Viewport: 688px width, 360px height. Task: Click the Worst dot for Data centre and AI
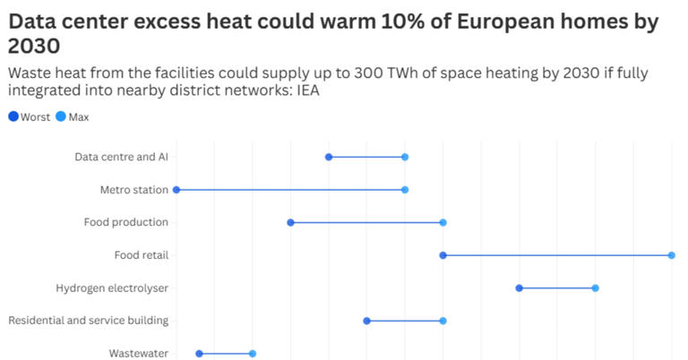point(329,157)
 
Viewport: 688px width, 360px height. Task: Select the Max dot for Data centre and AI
point(405,157)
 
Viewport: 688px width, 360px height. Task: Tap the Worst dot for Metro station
point(176,190)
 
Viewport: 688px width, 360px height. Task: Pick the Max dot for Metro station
point(405,190)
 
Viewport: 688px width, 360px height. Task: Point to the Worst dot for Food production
point(290,222)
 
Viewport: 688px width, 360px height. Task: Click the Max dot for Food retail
point(671,255)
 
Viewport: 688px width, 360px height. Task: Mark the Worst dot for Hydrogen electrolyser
point(520,287)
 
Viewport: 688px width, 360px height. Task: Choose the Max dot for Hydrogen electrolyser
point(595,287)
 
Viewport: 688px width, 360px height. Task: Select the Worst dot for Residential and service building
point(366,321)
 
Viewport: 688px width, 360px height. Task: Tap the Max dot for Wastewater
point(253,354)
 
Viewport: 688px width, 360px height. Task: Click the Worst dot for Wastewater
point(199,354)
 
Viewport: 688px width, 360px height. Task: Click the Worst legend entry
point(30,116)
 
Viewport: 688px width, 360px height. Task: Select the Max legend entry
point(73,116)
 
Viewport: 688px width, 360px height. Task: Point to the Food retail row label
point(142,255)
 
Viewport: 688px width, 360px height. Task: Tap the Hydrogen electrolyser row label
point(112,288)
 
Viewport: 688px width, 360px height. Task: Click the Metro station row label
point(134,190)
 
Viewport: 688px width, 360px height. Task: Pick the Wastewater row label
point(139,354)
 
